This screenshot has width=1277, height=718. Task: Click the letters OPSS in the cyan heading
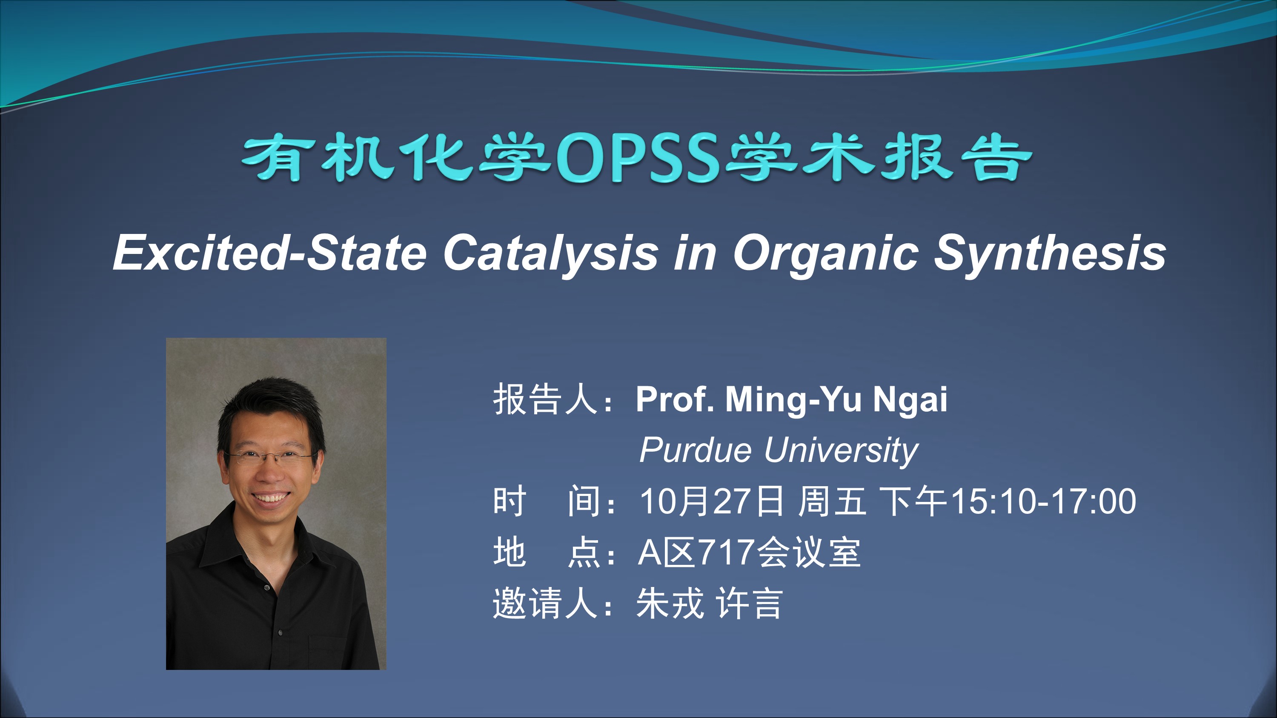coord(638,157)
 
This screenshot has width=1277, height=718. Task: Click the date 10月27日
coord(712,501)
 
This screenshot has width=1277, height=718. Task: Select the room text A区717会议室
coord(749,553)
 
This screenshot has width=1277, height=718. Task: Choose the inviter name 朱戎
coord(670,604)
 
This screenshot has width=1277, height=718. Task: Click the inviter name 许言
coord(749,604)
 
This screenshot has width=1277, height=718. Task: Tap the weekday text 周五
coord(832,501)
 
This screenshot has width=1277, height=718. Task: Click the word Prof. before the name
coord(675,399)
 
